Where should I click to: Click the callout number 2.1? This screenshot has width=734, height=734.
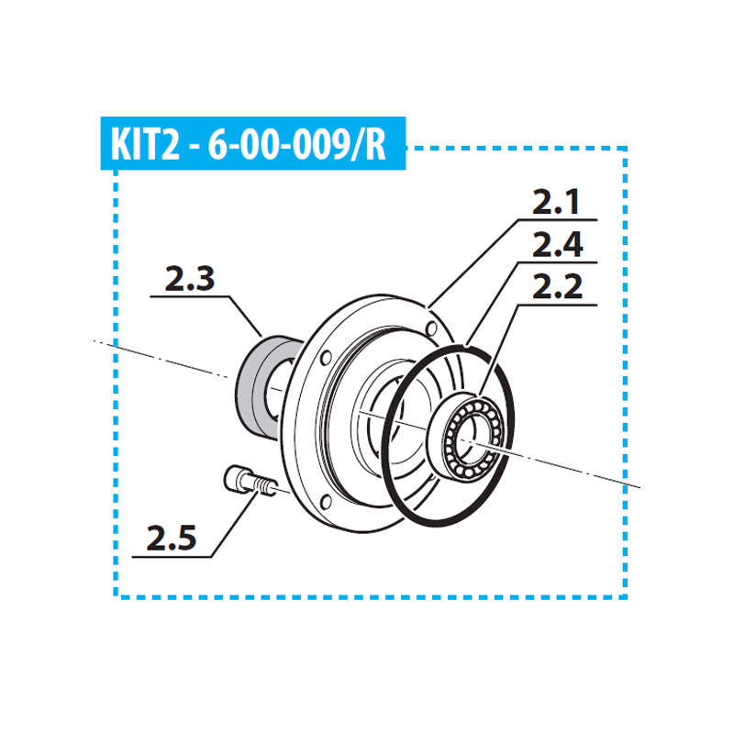coord(557,202)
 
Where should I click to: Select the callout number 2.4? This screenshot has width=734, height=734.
coord(558,245)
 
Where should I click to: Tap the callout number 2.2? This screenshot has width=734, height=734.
coord(557,286)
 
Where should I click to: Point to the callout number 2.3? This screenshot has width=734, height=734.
coord(190,279)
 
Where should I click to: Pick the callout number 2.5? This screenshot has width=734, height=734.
coord(172,539)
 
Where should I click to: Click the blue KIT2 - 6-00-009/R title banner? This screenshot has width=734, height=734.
coord(253,143)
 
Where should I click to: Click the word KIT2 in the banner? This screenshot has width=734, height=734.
coord(145,144)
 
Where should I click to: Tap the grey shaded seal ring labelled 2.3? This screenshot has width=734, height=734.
coord(268,387)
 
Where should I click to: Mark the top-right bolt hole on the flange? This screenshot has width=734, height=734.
coord(432,328)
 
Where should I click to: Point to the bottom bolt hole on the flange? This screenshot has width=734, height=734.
coord(326,502)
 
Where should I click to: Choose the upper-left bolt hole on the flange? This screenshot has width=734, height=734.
coord(326,359)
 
